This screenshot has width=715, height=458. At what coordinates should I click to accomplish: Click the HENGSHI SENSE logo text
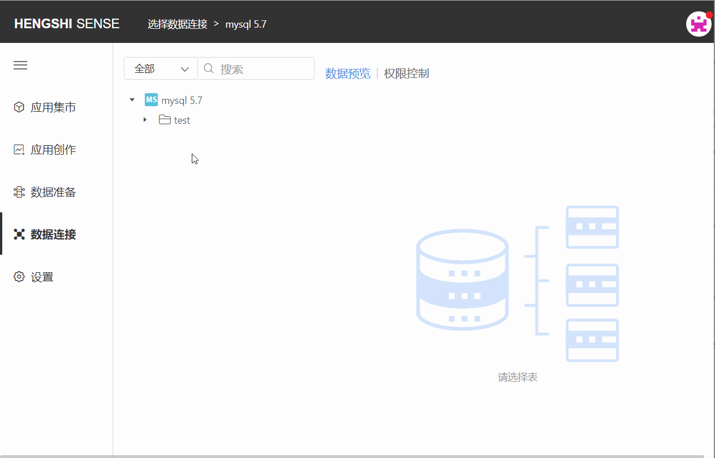coord(67,24)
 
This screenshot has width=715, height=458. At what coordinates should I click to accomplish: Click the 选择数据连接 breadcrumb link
coord(178,24)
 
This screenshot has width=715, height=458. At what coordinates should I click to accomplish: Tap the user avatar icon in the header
coord(699,24)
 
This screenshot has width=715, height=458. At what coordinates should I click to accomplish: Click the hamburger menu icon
coord(20,65)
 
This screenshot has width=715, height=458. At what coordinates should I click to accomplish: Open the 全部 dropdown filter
coord(161,68)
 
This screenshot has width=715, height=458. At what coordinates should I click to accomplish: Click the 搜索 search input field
coord(256,68)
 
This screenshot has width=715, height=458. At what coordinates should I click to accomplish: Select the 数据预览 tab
coord(348,73)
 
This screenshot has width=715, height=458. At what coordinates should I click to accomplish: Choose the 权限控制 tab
coord(406,73)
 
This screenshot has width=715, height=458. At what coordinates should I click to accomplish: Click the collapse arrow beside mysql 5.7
coord(132,100)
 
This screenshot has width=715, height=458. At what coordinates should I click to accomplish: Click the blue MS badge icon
coord(151,100)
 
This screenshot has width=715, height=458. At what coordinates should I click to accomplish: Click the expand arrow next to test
coord(145,120)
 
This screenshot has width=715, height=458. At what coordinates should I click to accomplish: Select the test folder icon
coord(165,120)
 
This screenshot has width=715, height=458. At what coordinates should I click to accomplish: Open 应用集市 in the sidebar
coord(45,107)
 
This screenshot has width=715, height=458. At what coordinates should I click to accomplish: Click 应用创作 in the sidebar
coord(45,150)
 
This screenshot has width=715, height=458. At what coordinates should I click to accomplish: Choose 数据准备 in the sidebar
coord(45,192)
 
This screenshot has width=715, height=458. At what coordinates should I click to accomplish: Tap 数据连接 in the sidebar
coord(45,234)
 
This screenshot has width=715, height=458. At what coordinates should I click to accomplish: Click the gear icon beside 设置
coord(19,277)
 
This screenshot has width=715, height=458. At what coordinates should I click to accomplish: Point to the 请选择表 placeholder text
coord(518,377)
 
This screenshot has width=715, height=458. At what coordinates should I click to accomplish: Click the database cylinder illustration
coord(463,280)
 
